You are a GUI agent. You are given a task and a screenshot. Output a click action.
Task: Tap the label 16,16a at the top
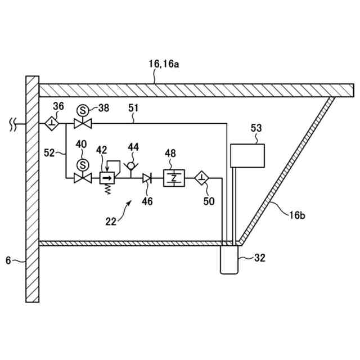pos(164,65)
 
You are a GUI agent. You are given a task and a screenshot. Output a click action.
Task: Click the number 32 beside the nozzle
pos(259,258)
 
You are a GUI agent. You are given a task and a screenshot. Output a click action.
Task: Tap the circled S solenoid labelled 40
pos(83,165)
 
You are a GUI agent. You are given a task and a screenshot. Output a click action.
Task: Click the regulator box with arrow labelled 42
pos(106,178)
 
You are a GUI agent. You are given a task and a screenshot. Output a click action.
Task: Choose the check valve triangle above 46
pos(147,178)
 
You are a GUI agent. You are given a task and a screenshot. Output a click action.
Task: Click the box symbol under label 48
pos(173,178)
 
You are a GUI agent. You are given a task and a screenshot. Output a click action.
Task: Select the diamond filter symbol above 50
pos(201,178)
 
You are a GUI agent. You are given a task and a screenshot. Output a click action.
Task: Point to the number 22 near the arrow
pos(110,222)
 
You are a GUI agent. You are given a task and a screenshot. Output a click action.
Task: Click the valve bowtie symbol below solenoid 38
pos(83,123)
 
